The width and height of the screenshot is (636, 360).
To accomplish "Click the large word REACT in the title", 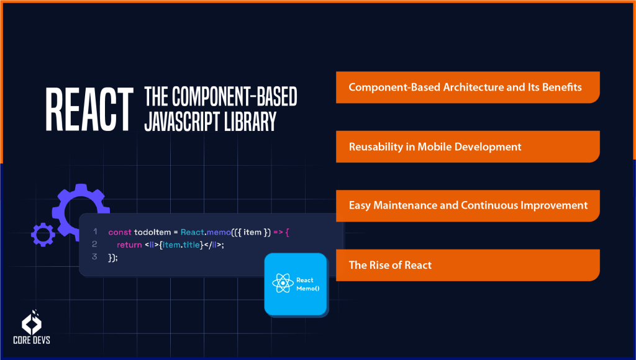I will click(x=89, y=110).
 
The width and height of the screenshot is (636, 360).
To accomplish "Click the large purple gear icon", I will click(x=81, y=205).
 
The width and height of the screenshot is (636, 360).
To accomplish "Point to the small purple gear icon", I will click(x=43, y=234).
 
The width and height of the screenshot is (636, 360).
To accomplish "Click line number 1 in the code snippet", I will click(x=95, y=232).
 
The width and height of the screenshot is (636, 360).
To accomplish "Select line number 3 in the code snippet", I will click(x=95, y=256).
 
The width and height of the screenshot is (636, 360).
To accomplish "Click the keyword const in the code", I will click(x=120, y=232).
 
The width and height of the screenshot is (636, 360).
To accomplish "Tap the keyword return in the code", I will click(x=129, y=245).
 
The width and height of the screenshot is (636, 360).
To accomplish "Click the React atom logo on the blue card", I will click(x=283, y=284).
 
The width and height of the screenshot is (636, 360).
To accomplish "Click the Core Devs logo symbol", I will click(x=32, y=320).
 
